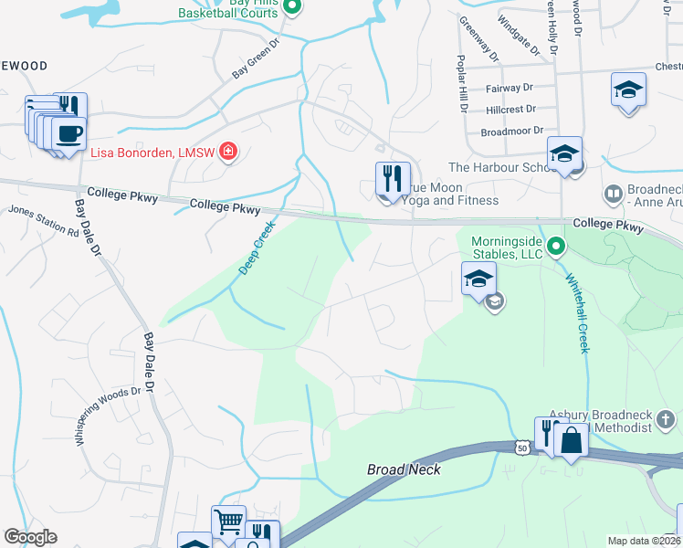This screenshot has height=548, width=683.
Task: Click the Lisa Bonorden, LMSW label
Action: pos(152,153)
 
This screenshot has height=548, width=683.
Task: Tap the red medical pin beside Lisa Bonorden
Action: pos(228,153)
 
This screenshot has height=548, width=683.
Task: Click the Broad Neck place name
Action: pos(404,469)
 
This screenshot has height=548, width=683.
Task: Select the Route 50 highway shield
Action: pos(520,448)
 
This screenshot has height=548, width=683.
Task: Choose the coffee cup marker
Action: pos(68,134)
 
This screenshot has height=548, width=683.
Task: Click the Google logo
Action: pos(31,537)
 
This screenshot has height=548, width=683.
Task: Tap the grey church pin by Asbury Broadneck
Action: pos(667,419)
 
